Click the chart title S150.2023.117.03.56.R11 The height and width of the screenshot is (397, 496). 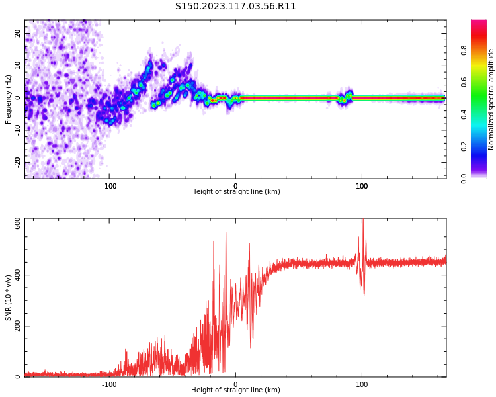coord(235,7)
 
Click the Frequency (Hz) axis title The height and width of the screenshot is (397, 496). coord(9,99)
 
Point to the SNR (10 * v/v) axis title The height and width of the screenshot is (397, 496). coord(9,298)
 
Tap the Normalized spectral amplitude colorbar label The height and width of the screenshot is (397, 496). coord(491,99)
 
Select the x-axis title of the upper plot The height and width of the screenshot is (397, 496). coord(235,192)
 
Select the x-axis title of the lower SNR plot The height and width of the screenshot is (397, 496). coord(235,390)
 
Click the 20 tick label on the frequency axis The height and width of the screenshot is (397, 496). coord(17,33)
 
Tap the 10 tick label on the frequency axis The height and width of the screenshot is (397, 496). coord(17,66)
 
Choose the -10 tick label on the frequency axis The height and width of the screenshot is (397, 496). coord(16,130)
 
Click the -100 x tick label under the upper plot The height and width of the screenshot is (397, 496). coord(109,186)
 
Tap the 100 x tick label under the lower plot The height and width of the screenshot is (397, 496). coord(362,384)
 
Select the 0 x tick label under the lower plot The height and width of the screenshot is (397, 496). coord(235,384)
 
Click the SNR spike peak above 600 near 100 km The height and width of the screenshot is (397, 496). coord(362,220)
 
